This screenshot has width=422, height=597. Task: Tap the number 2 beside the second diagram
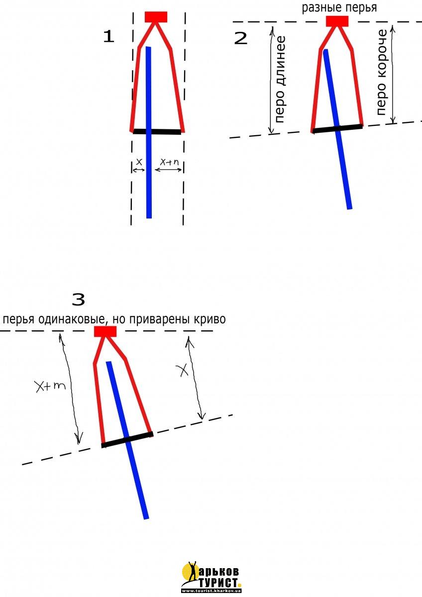point(240,38)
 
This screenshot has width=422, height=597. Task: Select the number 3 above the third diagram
point(79,299)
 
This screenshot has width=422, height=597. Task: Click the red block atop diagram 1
point(156,17)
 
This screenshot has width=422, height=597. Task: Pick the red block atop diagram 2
point(337,21)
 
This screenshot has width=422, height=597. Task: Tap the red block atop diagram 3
point(105,331)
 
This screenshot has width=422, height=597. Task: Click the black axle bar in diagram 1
point(157,132)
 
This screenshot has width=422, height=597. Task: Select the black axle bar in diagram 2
point(337,128)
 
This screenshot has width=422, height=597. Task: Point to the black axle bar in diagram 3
point(127,440)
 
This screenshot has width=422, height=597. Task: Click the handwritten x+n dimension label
point(169,162)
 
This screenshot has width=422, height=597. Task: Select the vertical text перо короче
point(382,72)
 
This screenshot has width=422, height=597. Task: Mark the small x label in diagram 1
point(138,162)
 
